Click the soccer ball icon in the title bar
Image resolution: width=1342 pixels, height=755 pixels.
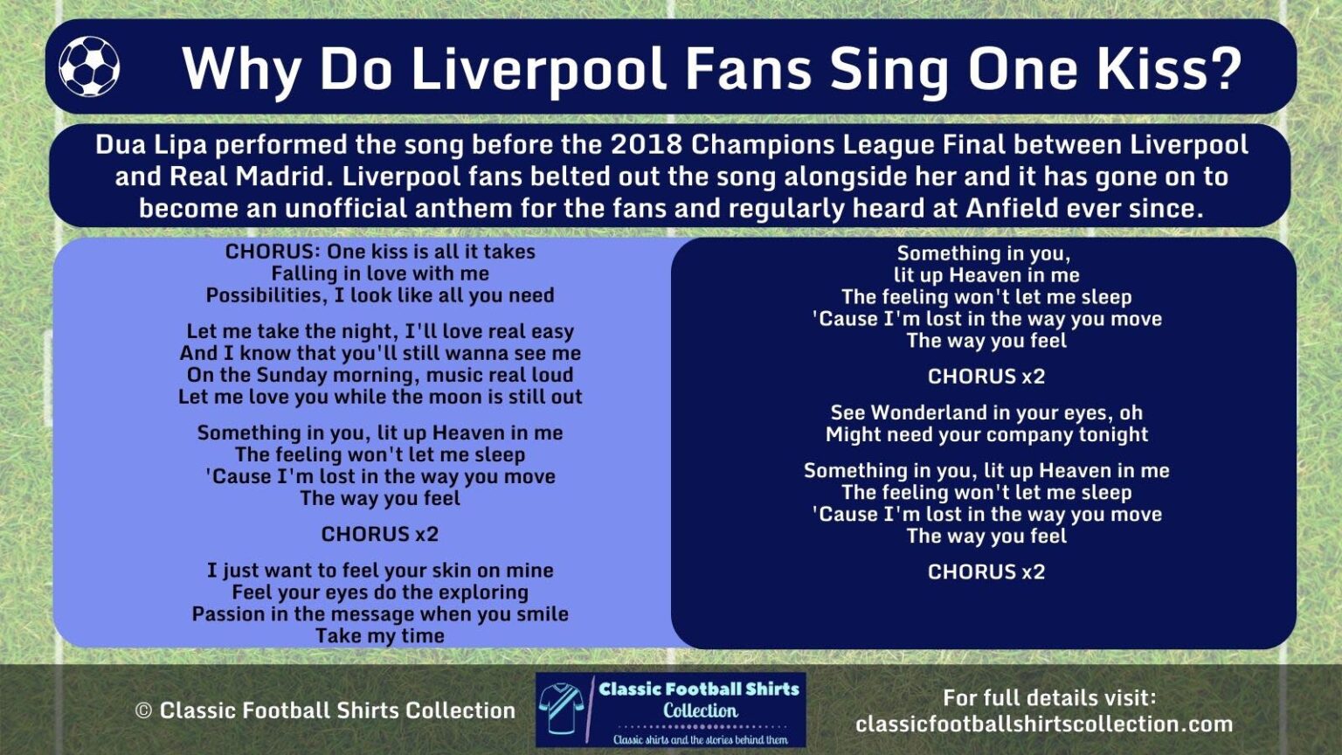[89, 66]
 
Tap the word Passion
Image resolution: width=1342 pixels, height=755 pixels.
[228, 614]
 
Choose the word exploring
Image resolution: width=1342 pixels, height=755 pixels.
[483, 592]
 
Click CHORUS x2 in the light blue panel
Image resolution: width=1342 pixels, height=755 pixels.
[380, 534]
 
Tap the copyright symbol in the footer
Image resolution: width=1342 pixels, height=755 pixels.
[143, 711]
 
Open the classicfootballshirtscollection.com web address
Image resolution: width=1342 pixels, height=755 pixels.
[1044, 724]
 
